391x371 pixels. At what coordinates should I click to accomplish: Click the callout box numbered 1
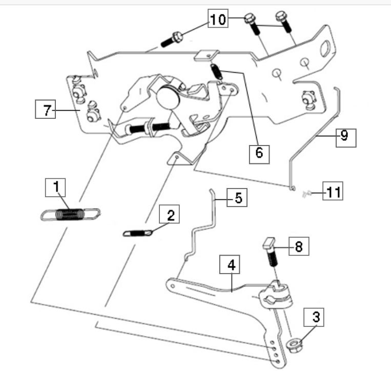(55, 188)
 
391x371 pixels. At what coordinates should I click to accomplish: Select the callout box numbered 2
(169, 215)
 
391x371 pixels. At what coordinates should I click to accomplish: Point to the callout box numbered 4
(231, 266)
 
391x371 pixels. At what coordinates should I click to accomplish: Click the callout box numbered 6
(259, 153)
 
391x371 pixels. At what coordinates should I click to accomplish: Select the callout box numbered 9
(344, 136)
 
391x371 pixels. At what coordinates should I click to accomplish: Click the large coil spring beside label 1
(70, 214)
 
